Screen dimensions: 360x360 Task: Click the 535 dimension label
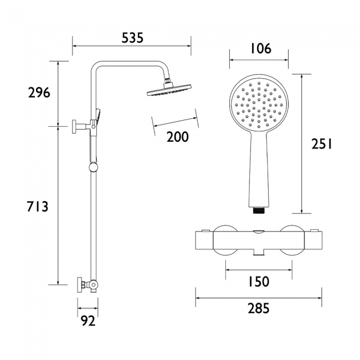pyautogui.click(x=132, y=38)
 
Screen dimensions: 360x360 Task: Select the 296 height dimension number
pyautogui.click(x=39, y=92)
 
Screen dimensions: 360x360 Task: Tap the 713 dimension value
pyautogui.click(x=38, y=207)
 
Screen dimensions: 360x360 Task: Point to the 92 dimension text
pyautogui.click(x=88, y=321)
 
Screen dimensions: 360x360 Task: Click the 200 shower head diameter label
pyautogui.click(x=177, y=137)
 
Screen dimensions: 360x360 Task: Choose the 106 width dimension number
pyautogui.click(x=260, y=49)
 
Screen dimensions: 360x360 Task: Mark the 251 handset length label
pyautogui.click(x=321, y=144)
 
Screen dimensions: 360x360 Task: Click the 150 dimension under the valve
pyautogui.click(x=259, y=282)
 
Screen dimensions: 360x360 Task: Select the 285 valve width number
pyautogui.click(x=259, y=308)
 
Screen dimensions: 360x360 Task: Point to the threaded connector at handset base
pyautogui.click(x=259, y=210)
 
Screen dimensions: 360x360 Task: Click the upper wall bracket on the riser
pyautogui.click(x=79, y=127)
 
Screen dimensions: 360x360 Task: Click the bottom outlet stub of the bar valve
pyautogui.click(x=259, y=253)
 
